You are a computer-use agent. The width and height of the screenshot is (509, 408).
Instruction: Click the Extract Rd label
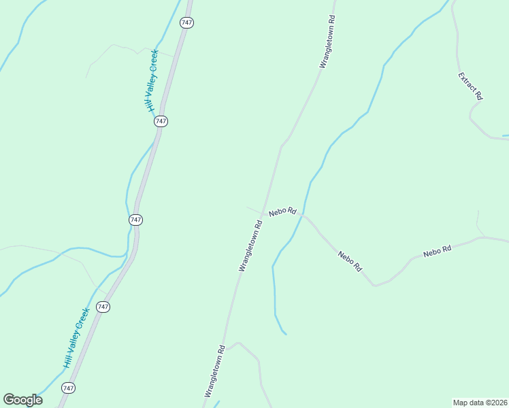[x=470, y=86]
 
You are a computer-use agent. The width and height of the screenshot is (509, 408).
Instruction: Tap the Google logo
[x=22, y=400]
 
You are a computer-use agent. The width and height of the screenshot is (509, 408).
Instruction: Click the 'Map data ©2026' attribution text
[x=480, y=402]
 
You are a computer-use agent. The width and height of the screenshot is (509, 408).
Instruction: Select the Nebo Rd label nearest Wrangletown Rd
[x=282, y=211]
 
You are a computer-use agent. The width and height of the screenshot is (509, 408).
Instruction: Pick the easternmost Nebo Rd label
[x=438, y=251]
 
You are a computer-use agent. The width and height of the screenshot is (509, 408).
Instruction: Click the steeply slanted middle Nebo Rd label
[x=350, y=261]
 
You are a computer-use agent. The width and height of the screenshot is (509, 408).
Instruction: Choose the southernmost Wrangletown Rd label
[x=215, y=371]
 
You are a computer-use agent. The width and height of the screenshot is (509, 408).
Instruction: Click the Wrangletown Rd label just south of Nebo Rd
[x=250, y=245]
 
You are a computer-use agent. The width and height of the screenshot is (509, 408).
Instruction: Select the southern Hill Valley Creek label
[x=77, y=338]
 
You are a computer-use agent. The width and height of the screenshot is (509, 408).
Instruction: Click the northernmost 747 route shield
[x=187, y=22]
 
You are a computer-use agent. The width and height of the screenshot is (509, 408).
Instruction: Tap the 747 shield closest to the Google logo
[x=68, y=388]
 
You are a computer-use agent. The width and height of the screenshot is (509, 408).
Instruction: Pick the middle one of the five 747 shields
[x=135, y=220]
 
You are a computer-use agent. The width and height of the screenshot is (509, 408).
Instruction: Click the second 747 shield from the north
[x=161, y=121]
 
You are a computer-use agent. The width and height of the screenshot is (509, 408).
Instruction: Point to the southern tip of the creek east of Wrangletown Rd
[x=285, y=334]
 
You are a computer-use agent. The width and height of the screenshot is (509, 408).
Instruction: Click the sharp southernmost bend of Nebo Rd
[x=374, y=285]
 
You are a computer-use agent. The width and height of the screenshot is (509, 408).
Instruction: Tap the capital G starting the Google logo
[x=9, y=400]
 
